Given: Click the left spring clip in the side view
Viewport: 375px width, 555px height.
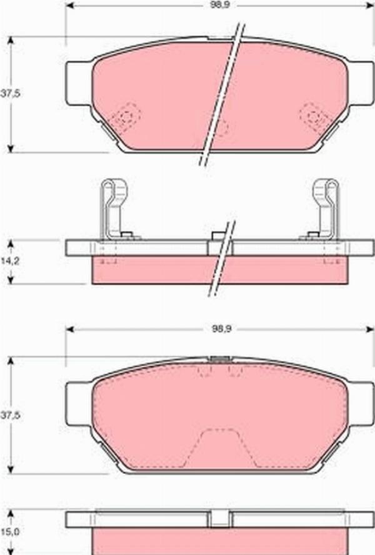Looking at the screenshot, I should (x=113, y=209).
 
